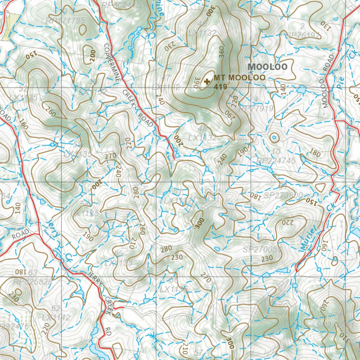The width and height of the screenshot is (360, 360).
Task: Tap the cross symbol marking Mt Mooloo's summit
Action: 207,82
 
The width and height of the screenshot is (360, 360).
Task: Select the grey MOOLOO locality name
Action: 268,67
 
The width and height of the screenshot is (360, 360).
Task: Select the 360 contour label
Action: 221,52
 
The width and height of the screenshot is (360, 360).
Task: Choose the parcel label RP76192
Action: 303,36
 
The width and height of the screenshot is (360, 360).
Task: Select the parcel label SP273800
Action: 283,194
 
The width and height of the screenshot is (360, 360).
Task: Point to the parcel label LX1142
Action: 56,317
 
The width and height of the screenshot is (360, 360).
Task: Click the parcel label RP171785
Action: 65,21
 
